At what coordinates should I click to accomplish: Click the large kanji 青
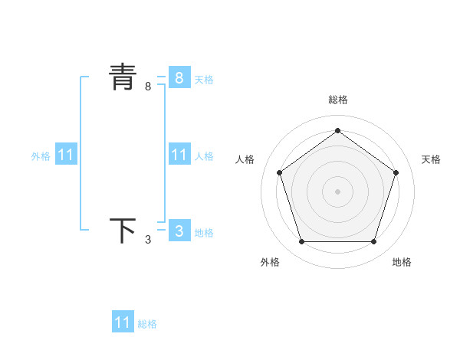[x=123, y=78]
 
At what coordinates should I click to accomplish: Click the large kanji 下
[x=123, y=231]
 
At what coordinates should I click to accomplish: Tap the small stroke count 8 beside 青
[x=148, y=87]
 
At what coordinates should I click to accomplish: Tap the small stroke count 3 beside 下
[x=148, y=240]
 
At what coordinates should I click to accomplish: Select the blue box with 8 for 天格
[x=179, y=78]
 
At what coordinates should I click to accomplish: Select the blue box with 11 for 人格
[x=179, y=155]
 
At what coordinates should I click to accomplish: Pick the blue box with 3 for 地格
[x=179, y=231]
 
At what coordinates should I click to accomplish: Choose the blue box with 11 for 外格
[x=66, y=155]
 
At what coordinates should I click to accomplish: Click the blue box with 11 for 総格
[x=123, y=322]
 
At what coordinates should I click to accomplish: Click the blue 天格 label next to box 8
[x=204, y=79]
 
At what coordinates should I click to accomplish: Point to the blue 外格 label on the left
[x=41, y=156]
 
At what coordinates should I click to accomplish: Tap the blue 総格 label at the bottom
[x=147, y=324]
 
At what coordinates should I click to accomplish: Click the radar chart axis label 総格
[x=337, y=100]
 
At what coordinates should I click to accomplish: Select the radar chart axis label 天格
[x=431, y=159]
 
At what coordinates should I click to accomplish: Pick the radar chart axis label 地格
[x=402, y=262]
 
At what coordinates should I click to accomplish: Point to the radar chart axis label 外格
[x=270, y=262]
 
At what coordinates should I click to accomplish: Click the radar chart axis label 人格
[x=245, y=159]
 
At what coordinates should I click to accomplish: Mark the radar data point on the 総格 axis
[x=337, y=131]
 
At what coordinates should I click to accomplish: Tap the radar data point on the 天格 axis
[x=396, y=172]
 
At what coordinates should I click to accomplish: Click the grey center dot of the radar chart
[x=337, y=191]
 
